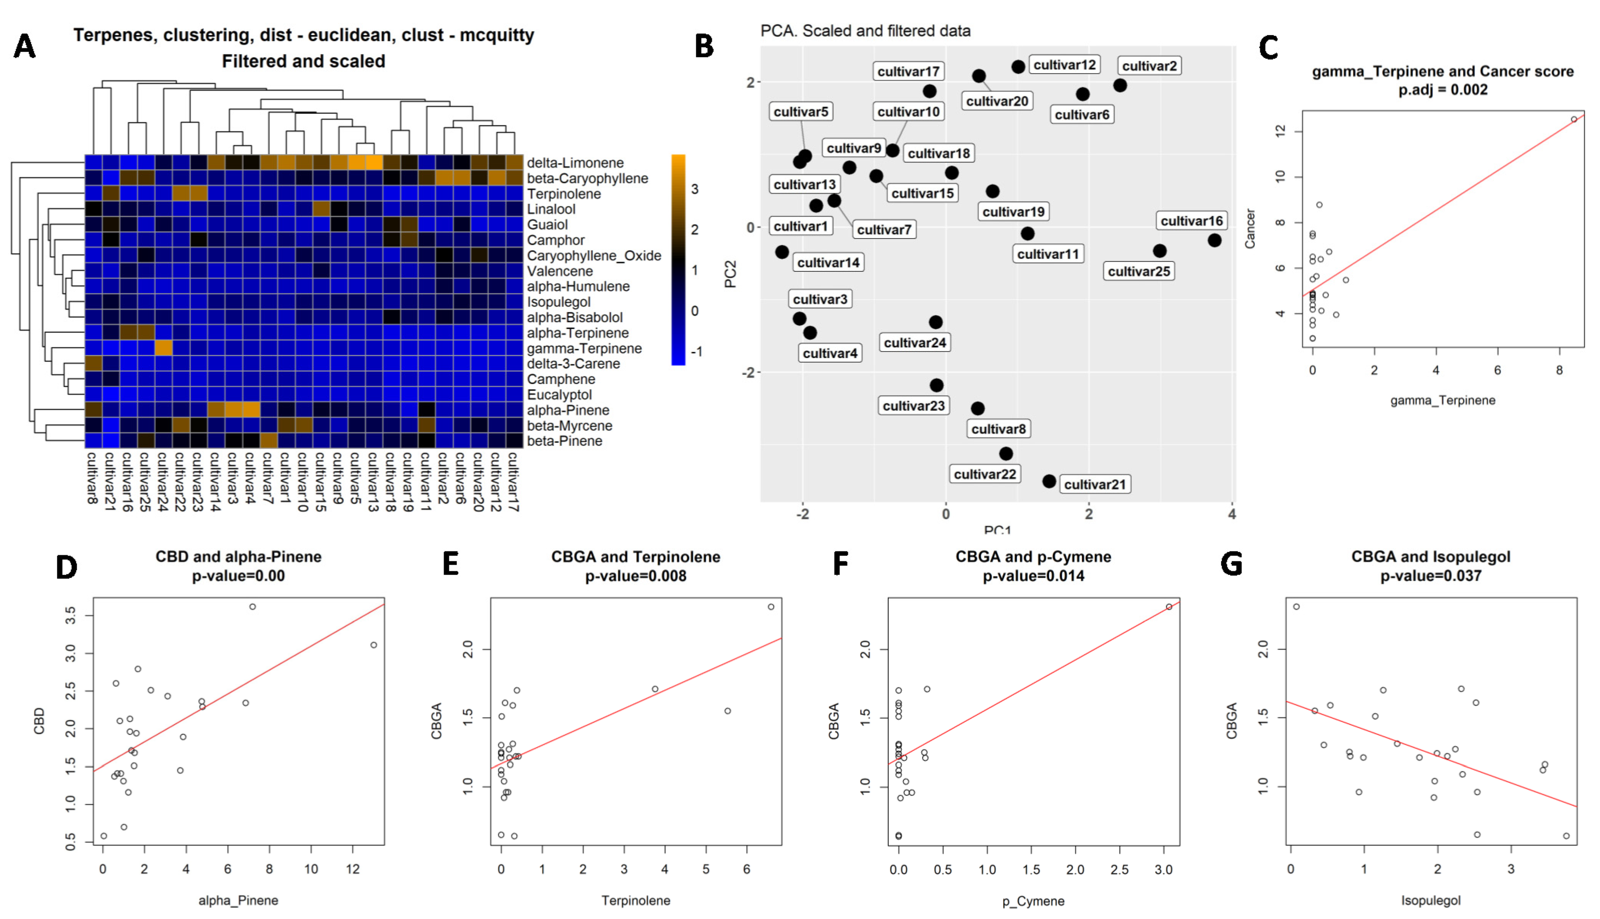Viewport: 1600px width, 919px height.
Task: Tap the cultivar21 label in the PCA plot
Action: click(x=1094, y=484)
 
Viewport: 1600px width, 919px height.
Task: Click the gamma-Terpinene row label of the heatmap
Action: click(x=584, y=348)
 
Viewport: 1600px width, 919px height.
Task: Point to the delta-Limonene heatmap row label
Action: click(x=575, y=163)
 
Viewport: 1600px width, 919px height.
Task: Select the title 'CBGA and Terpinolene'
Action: click(x=635, y=557)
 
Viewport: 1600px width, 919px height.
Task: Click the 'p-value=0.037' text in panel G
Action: click(x=1430, y=575)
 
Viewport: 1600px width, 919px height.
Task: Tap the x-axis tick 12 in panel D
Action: click(x=352, y=869)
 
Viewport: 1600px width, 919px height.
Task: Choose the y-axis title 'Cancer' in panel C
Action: click(x=1250, y=229)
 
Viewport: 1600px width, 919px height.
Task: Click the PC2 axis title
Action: click(x=730, y=274)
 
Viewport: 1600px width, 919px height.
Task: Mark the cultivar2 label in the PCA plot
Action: click(x=1149, y=66)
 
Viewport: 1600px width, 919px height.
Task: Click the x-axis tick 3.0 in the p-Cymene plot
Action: click(x=1163, y=870)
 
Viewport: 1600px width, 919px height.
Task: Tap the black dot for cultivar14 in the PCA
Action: click(x=782, y=252)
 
